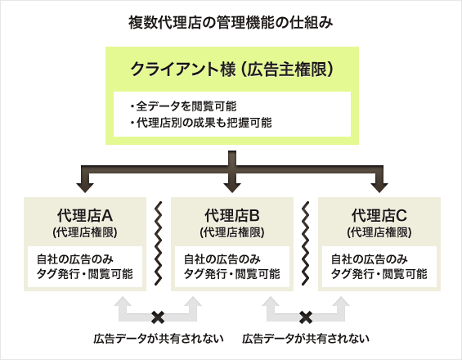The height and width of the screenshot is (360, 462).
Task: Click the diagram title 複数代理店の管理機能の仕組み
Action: (x=231, y=22)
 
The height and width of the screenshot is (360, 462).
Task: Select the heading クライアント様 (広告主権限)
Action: (x=231, y=70)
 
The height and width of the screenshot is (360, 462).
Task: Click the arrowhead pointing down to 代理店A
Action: (x=84, y=182)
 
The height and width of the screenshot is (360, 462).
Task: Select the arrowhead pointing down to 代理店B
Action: (x=231, y=182)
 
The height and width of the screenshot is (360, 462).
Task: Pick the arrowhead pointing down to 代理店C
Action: (x=379, y=182)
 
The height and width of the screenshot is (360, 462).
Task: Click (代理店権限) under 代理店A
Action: (x=84, y=232)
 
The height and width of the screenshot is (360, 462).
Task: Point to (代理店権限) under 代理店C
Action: (x=379, y=232)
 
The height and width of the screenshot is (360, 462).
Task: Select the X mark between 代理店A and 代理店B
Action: (x=158, y=315)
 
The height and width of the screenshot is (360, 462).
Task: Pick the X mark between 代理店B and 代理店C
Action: (x=306, y=315)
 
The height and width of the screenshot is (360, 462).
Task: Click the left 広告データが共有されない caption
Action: (x=158, y=339)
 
